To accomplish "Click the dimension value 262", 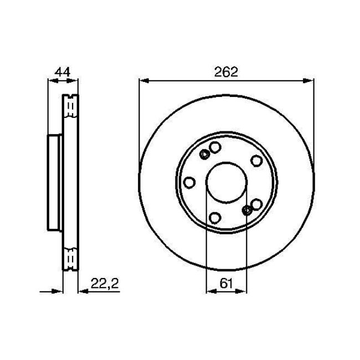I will (x=226, y=71).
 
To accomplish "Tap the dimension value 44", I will (x=61, y=71).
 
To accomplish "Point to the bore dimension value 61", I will (x=226, y=284).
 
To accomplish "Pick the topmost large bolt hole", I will (x=215, y=147).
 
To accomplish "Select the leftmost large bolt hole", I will (x=189, y=182).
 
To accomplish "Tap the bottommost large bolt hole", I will (x=216, y=218).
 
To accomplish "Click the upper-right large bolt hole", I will (x=256, y=160).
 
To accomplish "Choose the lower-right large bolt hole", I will (x=256, y=205).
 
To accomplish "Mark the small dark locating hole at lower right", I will (x=248, y=210).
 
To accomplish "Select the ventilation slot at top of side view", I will (x=70, y=106).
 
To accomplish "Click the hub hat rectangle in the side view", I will (x=54, y=182).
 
